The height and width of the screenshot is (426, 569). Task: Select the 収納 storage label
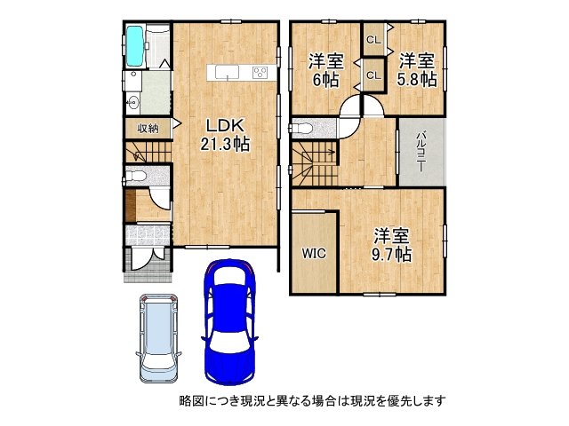148,128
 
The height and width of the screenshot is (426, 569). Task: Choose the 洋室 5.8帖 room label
416,69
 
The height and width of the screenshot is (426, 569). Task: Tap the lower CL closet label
373,75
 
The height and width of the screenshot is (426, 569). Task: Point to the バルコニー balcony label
421,151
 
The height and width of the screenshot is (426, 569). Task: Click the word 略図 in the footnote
192,400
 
